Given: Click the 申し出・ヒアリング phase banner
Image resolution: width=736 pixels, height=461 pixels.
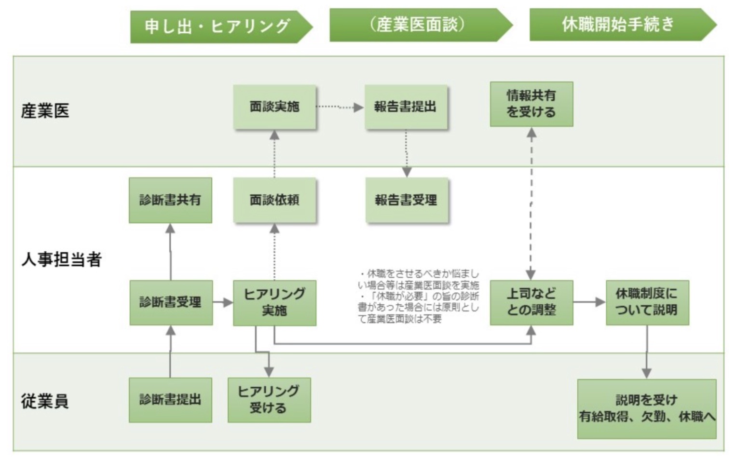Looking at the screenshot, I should click(219, 27).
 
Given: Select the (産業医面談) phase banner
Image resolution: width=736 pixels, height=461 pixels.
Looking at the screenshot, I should click(419, 25).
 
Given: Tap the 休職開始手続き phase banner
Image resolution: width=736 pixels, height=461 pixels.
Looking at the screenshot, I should click(620, 25).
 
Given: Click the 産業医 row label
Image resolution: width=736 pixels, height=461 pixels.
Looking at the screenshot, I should click(45, 111).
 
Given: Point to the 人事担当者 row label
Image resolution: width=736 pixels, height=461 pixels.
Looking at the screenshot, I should click(61, 259).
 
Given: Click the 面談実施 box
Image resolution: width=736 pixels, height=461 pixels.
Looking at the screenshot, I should click(274, 107).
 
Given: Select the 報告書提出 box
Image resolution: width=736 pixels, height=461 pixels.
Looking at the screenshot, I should click(406, 107).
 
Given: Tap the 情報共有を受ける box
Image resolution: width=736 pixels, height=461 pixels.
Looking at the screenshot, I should click(532, 104).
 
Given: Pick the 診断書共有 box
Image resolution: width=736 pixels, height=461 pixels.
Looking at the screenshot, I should click(170, 200).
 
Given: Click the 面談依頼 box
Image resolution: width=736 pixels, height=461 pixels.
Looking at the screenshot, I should click(274, 200).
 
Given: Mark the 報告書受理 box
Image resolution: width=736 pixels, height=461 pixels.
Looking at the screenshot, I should click(407, 200).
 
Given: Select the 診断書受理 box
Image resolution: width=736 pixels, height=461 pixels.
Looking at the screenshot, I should click(171, 302).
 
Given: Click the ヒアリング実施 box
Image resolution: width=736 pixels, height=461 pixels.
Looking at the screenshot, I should click(274, 302).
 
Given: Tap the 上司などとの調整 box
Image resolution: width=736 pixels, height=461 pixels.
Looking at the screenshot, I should click(532, 302).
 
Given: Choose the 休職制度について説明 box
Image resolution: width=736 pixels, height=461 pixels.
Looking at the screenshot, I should click(647, 302).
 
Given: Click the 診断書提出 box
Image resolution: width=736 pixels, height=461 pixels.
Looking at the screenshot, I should click(170, 400).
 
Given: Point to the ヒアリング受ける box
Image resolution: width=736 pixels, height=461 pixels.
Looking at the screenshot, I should click(269, 400).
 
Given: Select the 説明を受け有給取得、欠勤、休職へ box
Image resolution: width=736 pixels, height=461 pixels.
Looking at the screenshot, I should click(647, 408).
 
